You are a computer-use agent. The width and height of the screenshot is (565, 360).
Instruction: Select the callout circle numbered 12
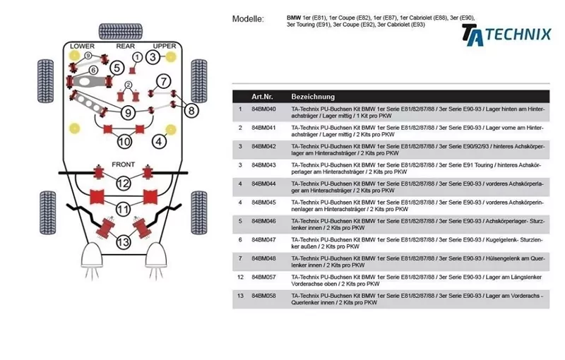click(x=123, y=184)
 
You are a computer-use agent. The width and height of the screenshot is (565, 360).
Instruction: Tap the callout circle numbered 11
click(x=123, y=209)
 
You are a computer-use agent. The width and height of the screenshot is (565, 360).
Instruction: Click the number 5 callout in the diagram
click(x=117, y=68)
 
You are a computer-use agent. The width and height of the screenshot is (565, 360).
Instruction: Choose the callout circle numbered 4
click(x=160, y=142)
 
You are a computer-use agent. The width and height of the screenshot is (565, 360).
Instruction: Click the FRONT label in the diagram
click(x=123, y=164)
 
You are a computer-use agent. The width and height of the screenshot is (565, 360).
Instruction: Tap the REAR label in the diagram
click(x=125, y=47)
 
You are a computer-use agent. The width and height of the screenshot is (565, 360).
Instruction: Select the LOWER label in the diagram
click(x=83, y=47)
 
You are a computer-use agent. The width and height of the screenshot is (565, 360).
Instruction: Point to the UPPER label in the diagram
click(x=165, y=47)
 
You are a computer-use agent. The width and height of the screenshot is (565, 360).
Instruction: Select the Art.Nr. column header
click(x=263, y=96)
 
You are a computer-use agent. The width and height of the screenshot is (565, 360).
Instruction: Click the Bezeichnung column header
click(x=313, y=96)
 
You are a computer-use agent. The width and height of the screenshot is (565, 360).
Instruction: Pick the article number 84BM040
click(x=263, y=109)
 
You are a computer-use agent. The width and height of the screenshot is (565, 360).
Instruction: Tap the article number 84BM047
click(x=263, y=239)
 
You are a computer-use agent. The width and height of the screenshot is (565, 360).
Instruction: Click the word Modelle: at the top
click(x=248, y=19)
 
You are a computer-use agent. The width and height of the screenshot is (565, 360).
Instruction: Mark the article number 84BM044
click(x=263, y=183)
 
